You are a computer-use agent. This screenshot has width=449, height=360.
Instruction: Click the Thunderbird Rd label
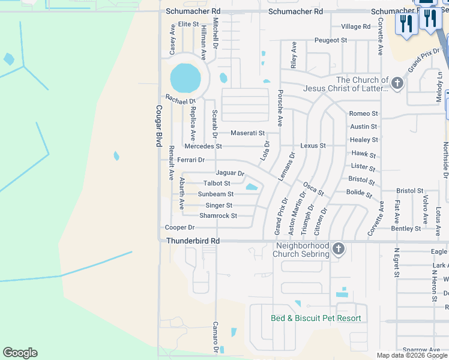[x=193, y=241]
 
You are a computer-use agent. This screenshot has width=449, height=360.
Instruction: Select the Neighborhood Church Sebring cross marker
[x=339, y=248]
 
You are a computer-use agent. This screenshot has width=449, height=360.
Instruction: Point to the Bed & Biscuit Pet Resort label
[x=316, y=318]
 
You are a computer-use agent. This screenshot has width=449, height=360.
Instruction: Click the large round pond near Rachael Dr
[x=185, y=77]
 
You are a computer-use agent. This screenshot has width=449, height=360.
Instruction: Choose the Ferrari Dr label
[x=191, y=160]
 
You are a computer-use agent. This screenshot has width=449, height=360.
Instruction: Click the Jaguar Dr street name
[x=230, y=173]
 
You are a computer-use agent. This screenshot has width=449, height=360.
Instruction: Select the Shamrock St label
[x=218, y=215]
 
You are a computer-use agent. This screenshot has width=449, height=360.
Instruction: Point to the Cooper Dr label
[x=179, y=227]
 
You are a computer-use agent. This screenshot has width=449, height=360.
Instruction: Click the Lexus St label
[x=313, y=146]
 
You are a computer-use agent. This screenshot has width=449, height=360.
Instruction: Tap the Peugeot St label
[x=331, y=40]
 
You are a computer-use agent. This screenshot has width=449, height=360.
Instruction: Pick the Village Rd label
[x=355, y=26]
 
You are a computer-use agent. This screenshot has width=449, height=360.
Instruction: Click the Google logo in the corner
[x=20, y=353]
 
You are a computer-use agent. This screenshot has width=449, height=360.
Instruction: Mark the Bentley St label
[x=406, y=229]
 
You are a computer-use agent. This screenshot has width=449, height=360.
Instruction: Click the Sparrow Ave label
[x=421, y=350]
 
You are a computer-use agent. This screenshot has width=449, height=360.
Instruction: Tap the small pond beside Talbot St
[x=252, y=187]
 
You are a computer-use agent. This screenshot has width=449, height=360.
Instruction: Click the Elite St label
[x=188, y=23]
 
